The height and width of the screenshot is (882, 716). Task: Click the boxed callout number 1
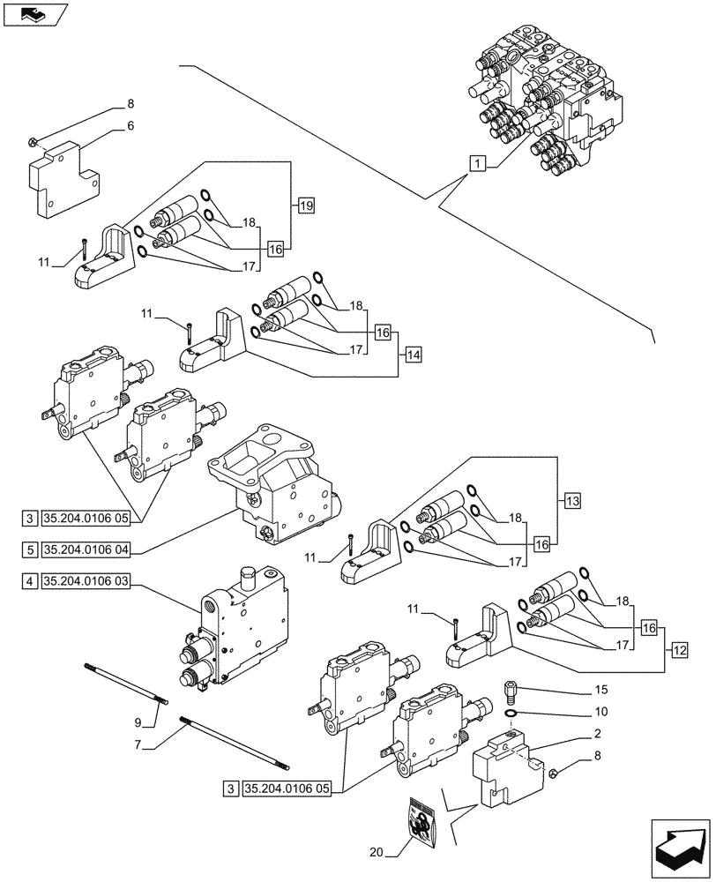click(476, 162)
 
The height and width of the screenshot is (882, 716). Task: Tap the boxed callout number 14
click(414, 355)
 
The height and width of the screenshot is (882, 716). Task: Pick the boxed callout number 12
click(679, 651)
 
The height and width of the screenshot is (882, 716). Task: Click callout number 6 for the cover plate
click(131, 126)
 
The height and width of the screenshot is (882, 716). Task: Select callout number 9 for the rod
click(138, 723)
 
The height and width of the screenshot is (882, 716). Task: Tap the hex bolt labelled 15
click(511, 690)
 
